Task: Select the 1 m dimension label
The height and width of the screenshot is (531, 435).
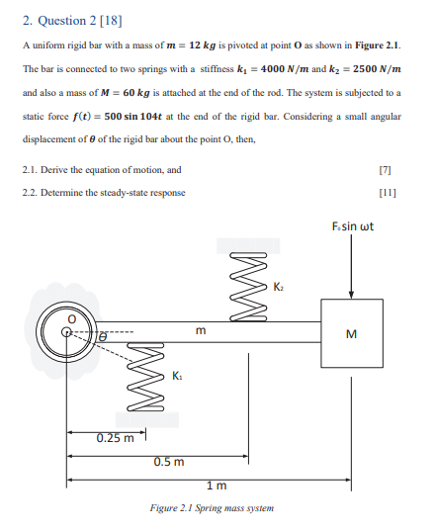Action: pos(216,485)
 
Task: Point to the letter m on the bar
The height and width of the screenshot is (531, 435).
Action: pos(201,330)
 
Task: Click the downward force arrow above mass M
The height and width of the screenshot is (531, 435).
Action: pos(352,267)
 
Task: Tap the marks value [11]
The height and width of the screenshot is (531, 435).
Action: pos(397,192)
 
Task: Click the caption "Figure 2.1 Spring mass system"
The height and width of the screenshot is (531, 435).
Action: pos(216,508)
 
